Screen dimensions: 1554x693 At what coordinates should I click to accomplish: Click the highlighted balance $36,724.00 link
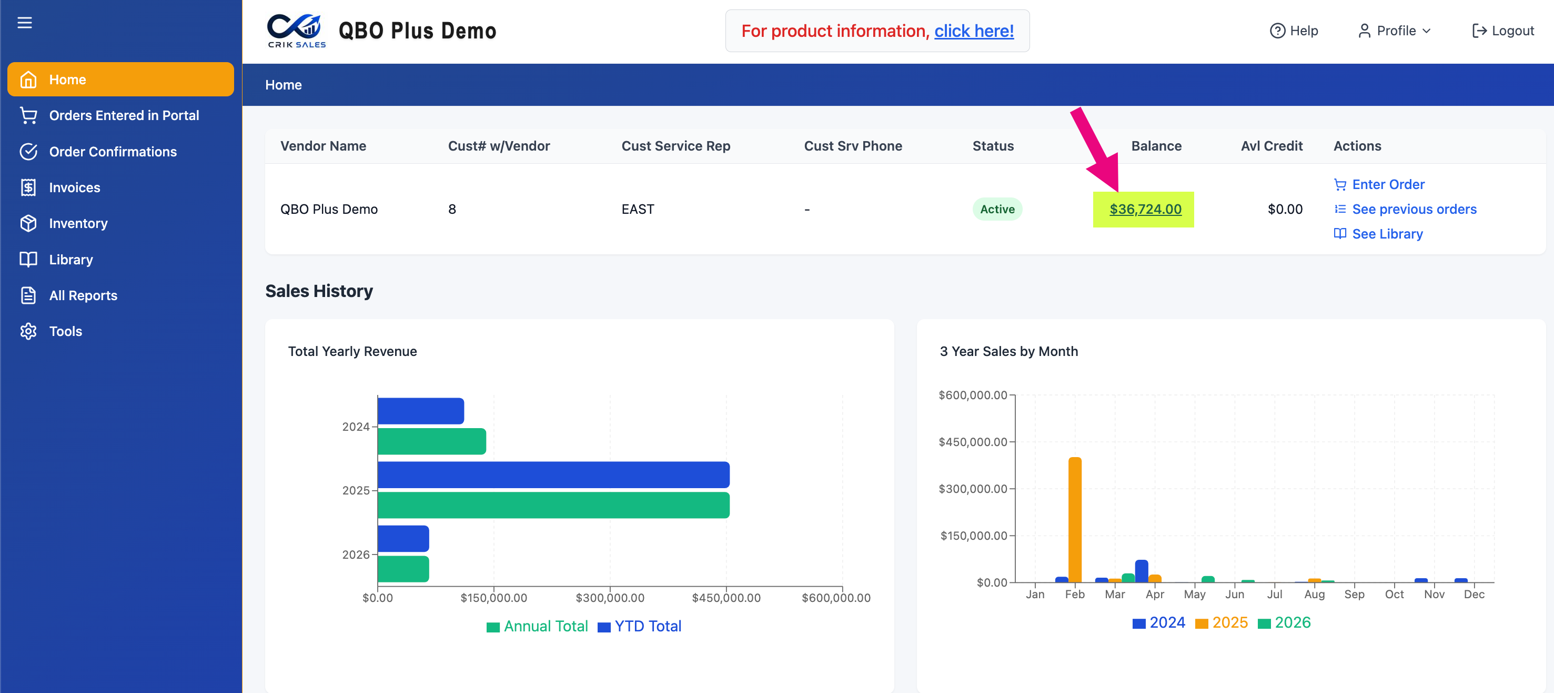coord(1145,209)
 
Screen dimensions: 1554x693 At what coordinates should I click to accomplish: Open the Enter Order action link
coord(1379,184)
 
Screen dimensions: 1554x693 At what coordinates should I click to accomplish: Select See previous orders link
coord(1405,209)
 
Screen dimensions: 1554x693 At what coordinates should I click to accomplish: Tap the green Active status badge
coord(997,209)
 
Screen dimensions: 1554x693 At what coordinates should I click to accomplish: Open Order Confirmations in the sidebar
coord(113,152)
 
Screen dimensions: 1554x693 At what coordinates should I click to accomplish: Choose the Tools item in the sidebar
coord(65,331)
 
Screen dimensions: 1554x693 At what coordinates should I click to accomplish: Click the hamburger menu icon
coord(25,23)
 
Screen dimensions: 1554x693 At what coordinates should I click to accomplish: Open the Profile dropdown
coord(1394,31)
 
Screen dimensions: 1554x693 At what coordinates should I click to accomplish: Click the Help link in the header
coord(1294,31)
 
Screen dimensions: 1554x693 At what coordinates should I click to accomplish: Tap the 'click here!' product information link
coord(974,31)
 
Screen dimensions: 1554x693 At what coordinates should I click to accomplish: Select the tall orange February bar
coord(1074,520)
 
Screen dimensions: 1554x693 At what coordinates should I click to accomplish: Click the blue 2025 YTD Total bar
coord(553,474)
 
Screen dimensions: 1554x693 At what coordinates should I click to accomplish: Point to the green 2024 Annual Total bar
coord(431,441)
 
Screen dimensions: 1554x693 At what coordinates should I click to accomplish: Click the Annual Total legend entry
coord(537,626)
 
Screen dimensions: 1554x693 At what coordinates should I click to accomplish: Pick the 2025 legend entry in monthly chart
coord(1221,622)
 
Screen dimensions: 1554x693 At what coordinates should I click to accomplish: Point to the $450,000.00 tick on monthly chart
coord(973,442)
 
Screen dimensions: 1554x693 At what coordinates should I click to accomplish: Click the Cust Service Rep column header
coord(675,145)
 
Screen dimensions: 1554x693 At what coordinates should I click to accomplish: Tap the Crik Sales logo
coord(296,30)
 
